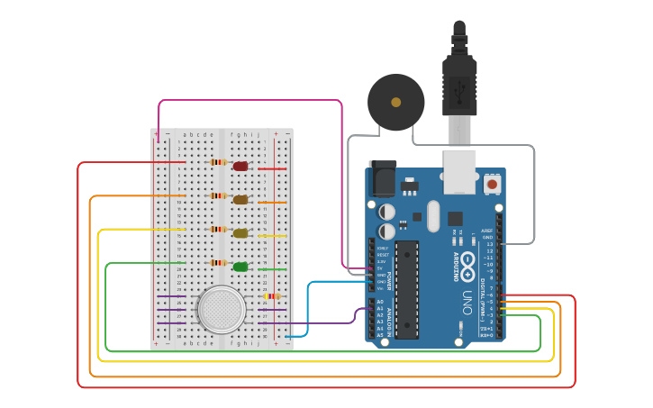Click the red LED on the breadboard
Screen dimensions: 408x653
coord(240,166)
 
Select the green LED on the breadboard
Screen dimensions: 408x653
coord(240,267)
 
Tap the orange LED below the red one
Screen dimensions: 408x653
coord(240,200)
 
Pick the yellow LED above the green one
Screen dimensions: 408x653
coord(240,233)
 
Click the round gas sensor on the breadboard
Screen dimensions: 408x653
coord(221,309)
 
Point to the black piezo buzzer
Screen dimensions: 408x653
coord(395,103)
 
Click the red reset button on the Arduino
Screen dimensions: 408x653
coord(493,184)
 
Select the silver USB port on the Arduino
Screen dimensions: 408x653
coord(461,171)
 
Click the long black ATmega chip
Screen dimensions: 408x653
coord(407,289)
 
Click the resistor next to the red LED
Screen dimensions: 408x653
coord(218,163)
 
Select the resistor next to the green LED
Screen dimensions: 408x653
coord(218,263)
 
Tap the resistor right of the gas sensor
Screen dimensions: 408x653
coord(272,295)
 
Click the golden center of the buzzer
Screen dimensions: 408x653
coord(395,103)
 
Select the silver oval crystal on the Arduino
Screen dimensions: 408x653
coord(433,215)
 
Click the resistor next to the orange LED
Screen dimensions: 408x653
coord(218,195)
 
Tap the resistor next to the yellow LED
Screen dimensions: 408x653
coord(218,230)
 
